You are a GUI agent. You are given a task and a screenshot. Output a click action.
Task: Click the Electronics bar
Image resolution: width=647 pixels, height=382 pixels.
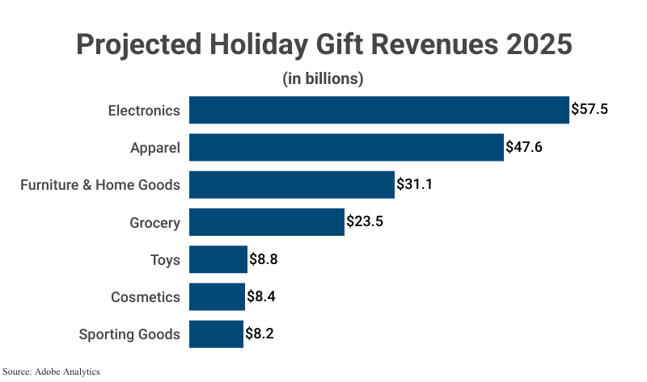tap(378, 110)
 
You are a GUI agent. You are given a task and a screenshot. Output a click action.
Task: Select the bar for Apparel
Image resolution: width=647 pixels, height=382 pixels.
tap(346, 147)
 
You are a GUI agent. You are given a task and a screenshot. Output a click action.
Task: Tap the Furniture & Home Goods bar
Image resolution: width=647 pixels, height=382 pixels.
tap(292, 184)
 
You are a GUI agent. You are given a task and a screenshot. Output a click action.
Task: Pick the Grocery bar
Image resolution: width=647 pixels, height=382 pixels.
tap(267, 221)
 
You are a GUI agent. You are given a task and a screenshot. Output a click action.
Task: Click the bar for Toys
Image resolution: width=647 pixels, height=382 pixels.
tap(218, 259)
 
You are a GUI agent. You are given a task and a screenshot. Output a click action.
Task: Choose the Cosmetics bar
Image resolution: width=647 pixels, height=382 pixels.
tap(217, 296)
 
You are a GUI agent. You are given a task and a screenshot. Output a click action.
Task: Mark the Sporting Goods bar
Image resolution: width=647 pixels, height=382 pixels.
tap(216, 334)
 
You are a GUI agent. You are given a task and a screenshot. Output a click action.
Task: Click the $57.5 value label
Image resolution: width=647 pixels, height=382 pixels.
tap(589, 109)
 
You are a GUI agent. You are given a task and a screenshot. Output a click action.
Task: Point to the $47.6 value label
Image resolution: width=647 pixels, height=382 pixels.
tap(524, 147)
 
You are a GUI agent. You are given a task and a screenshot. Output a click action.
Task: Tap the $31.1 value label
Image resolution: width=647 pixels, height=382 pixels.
tap(415, 184)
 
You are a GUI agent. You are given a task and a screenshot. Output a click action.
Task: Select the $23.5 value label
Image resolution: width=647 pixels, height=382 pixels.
tap(364, 221)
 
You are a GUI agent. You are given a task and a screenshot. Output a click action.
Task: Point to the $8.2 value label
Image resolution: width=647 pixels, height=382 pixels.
tap(260, 334)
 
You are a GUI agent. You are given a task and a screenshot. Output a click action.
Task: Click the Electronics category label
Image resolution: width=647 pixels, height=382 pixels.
tap(144, 110)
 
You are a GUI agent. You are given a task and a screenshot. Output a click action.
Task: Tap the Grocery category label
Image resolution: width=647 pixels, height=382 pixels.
tap(154, 222)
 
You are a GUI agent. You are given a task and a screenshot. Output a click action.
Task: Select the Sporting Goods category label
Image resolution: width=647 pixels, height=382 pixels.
tap(129, 334)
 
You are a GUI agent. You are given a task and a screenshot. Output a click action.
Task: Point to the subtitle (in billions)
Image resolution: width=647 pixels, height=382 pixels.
tap(323, 79)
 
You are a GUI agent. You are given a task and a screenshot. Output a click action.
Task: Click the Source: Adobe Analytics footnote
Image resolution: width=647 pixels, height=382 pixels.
tap(51, 372)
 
